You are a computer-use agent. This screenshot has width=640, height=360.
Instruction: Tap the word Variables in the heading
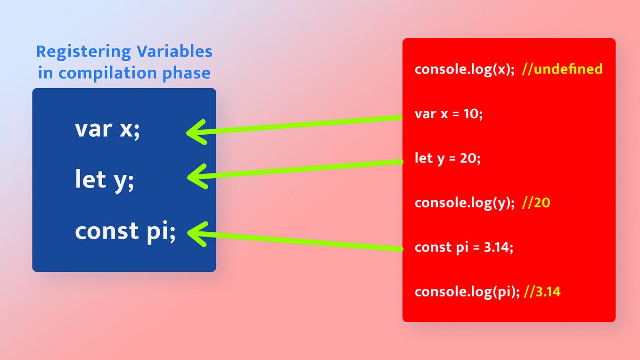point(174,51)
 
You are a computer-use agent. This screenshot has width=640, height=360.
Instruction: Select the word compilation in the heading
point(108,73)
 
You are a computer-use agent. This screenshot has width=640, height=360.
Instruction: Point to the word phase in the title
point(186,73)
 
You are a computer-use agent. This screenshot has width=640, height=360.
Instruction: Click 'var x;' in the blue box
point(107,130)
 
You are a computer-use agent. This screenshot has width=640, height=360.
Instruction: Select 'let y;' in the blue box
point(104,180)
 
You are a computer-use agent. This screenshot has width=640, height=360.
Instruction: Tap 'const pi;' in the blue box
point(125,232)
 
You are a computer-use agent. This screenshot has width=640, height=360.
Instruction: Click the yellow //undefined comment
point(562,69)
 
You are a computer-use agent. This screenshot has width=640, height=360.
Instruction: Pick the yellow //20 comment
point(536,203)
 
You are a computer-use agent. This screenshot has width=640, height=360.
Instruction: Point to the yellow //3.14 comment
point(542,292)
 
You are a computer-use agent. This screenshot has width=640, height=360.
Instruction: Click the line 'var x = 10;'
point(449,114)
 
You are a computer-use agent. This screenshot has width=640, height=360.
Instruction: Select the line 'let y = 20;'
point(448,159)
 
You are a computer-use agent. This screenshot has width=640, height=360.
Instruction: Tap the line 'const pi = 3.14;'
point(464,247)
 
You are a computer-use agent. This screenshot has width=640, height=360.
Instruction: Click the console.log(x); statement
point(465,69)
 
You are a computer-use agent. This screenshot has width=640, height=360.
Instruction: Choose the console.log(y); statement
point(465,203)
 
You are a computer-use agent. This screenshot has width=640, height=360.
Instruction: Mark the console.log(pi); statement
point(467,292)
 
